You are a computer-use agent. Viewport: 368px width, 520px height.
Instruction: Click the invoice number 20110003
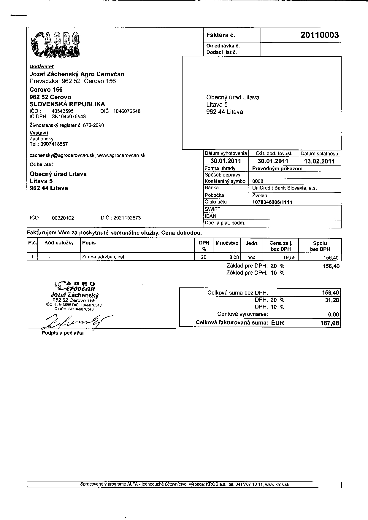(x=319, y=35)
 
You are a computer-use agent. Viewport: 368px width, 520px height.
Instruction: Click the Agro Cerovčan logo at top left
(x=55, y=45)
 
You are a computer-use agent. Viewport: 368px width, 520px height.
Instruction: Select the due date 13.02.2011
(x=319, y=161)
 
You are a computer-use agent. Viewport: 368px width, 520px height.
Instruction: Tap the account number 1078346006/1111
(x=272, y=202)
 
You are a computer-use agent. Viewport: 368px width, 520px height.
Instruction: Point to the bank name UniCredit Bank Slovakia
(x=284, y=188)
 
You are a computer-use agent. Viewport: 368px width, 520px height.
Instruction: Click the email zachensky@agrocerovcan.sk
(x=62, y=155)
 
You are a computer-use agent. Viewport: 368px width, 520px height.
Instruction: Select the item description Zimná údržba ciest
(x=103, y=257)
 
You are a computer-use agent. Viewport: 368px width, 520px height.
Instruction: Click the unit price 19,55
(x=289, y=257)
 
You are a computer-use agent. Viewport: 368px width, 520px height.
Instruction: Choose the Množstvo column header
(x=227, y=243)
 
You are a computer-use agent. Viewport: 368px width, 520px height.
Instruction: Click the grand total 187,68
(x=329, y=323)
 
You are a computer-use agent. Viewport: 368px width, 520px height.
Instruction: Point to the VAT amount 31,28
(x=332, y=300)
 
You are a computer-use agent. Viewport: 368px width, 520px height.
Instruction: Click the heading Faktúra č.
(x=221, y=35)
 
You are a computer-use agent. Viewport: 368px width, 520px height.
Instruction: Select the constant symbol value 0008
(x=258, y=181)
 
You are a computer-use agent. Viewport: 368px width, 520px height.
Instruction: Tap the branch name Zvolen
(x=259, y=195)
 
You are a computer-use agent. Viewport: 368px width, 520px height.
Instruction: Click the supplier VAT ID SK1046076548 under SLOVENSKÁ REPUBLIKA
(x=69, y=117)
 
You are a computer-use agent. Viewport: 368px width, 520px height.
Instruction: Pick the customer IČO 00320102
(x=63, y=218)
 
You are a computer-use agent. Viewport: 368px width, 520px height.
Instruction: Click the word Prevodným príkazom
(x=277, y=168)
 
